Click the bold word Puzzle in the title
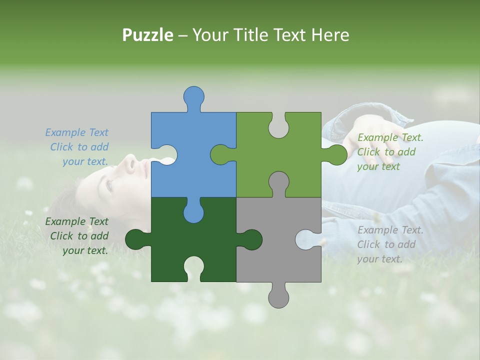click(x=148, y=35)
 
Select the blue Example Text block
click(x=77, y=147)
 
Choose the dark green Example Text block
click(x=77, y=236)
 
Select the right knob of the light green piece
click(x=336, y=154)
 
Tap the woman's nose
click(x=131, y=161)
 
